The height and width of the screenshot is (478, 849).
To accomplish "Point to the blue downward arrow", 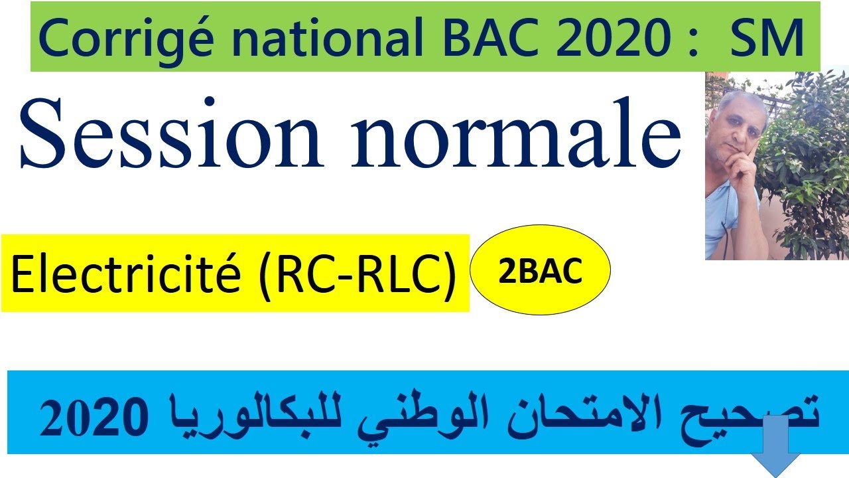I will click(777, 451).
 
